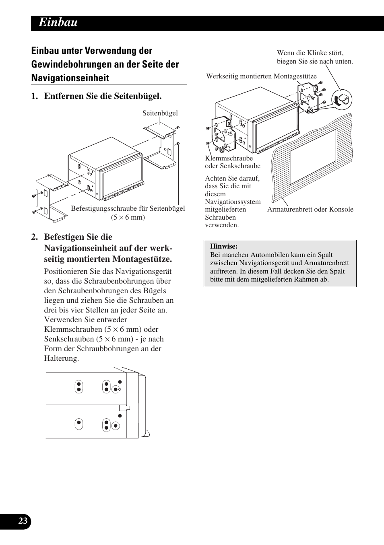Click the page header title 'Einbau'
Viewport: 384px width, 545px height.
tap(58, 23)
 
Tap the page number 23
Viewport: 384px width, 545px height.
tap(23, 521)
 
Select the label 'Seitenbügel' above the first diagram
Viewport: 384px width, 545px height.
tap(160, 113)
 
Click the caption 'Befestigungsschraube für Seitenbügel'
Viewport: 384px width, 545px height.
tap(128, 208)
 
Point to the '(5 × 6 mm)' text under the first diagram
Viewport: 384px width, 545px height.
tap(128, 217)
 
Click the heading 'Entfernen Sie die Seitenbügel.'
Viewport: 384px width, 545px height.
tap(103, 96)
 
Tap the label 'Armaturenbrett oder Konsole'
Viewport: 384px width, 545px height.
tap(310, 209)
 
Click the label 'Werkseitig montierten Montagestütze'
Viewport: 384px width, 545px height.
tap(261, 76)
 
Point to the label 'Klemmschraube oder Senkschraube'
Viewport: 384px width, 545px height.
tap(232, 162)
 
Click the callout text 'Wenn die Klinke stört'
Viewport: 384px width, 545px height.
tap(310, 53)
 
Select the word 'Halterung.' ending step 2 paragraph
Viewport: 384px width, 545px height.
tap(61, 358)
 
